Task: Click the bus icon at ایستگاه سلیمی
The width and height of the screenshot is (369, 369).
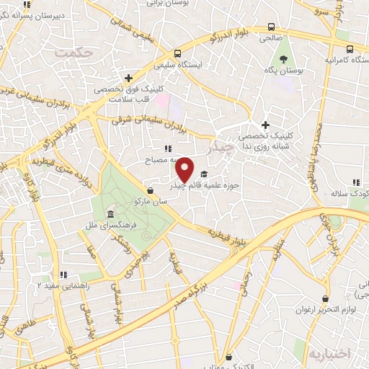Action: [x=177, y=54]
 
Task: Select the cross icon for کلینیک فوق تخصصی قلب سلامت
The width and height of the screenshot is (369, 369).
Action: [x=128, y=78]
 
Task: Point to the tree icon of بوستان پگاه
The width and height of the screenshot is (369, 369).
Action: [x=283, y=60]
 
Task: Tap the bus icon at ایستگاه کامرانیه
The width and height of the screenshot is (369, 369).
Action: [x=350, y=50]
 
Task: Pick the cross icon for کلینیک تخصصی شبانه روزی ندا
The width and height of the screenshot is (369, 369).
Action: [x=265, y=125]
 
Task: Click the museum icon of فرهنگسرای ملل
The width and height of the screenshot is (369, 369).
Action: [x=109, y=215]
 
